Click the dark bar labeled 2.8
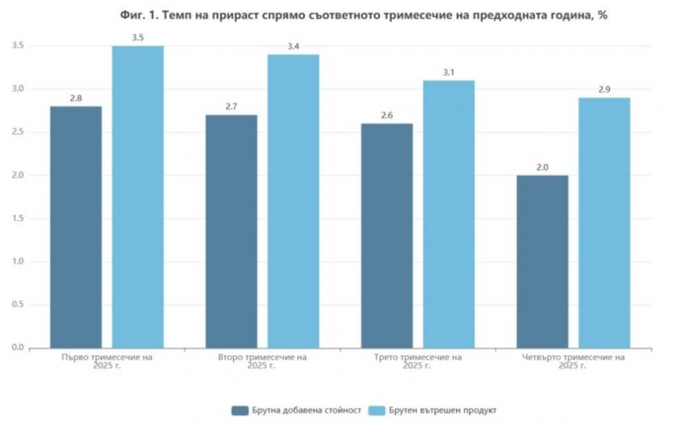click(75, 227)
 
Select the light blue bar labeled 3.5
click(137, 197)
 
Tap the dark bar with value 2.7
click(232, 232)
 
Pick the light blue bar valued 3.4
click(293, 202)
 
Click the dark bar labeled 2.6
click(387, 236)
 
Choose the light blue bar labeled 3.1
click(448, 214)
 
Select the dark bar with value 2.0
click(542, 262)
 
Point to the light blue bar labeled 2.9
click(604, 223)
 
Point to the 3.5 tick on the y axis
click(16, 45)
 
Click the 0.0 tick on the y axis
click(16, 348)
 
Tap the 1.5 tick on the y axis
click(16, 219)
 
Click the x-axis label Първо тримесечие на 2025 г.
click(107, 361)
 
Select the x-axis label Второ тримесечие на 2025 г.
click(262, 361)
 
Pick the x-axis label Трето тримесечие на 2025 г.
click(418, 361)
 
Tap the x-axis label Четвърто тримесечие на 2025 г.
click(573, 361)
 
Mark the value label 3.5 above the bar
click(137, 38)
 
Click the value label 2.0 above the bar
click(542, 167)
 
